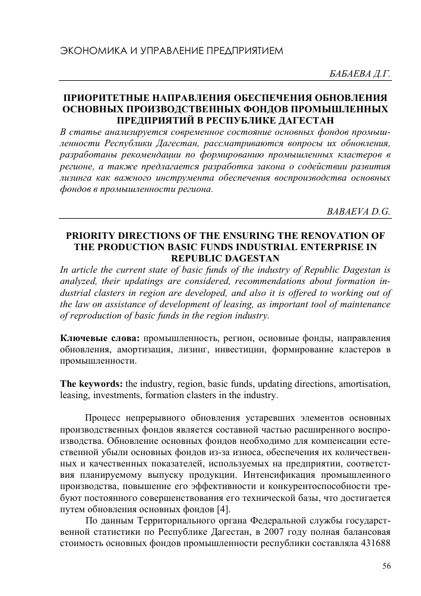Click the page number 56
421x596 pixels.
[x=386, y=566]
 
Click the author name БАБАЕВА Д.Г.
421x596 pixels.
[x=360, y=74]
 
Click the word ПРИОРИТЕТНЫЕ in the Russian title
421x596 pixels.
[x=107, y=96]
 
